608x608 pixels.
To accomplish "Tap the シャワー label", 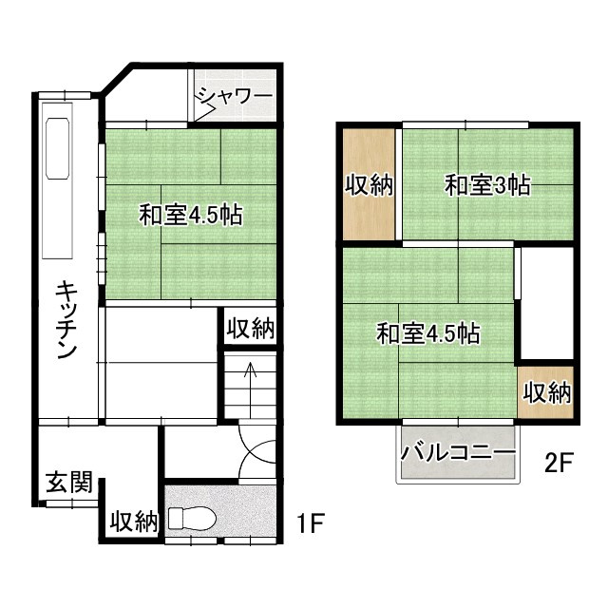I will (x=235, y=96).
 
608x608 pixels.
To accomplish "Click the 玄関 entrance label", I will (x=69, y=484).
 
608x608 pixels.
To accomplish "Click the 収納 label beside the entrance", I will (x=133, y=521).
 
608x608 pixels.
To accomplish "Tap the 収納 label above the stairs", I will (x=251, y=330).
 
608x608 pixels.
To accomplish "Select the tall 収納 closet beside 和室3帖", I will (x=370, y=185).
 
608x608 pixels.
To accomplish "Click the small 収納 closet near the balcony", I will (x=546, y=391).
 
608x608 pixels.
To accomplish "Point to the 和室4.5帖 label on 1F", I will (x=191, y=215).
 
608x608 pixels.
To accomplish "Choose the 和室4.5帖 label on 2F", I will (x=427, y=333).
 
